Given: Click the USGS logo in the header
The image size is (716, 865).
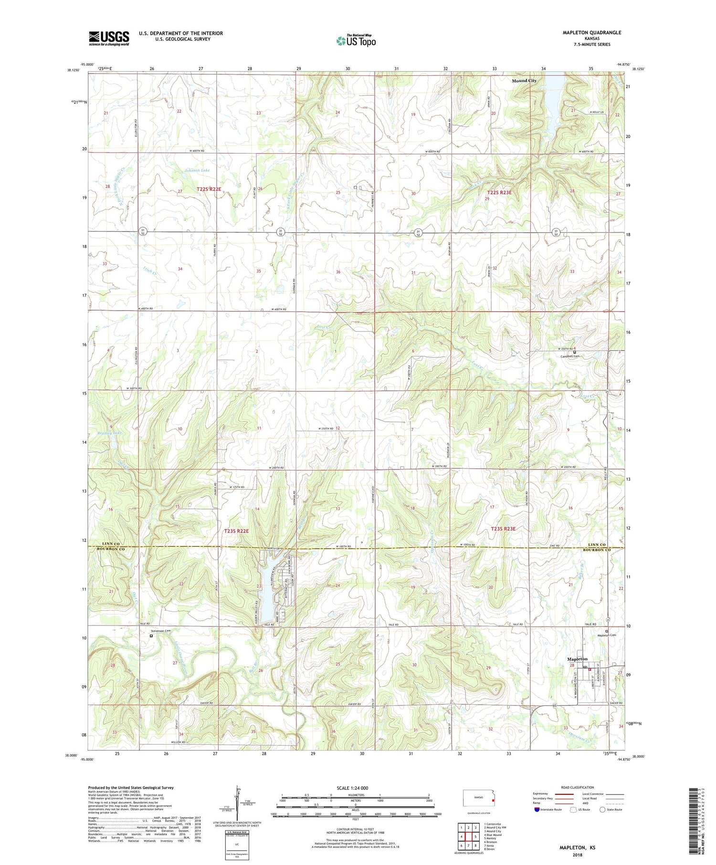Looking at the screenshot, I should (x=109, y=38).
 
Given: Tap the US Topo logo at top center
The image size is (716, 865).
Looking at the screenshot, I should (x=356, y=41).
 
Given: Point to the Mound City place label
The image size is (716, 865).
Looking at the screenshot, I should (x=524, y=81).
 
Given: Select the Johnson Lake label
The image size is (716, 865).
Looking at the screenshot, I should (x=197, y=170).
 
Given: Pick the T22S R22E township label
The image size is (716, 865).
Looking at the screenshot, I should (x=209, y=189).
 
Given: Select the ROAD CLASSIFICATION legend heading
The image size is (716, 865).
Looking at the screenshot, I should (x=577, y=787).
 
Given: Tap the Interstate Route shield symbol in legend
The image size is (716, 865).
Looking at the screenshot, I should (x=537, y=810).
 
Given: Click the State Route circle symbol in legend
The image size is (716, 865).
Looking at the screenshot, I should (x=602, y=809).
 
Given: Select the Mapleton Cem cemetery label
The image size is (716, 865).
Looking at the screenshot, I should (x=596, y=635).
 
